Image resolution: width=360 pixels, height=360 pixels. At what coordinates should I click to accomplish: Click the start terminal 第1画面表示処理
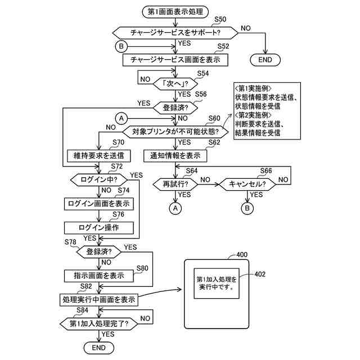pos(176,12)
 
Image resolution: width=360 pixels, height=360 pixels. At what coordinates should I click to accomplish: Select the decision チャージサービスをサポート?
pos(176,33)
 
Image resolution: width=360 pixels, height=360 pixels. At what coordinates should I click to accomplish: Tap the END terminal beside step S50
pos(264,60)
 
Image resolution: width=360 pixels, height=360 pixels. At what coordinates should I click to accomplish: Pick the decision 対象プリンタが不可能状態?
pos(175,132)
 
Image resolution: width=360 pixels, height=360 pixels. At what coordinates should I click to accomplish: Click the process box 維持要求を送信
pos(99,155)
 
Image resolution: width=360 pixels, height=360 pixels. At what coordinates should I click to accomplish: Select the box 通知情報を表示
pos(175,155)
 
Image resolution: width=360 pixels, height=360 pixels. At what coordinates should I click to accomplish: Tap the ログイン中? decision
pos(99,180)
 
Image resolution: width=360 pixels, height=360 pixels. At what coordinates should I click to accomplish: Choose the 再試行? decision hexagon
pos(175,184)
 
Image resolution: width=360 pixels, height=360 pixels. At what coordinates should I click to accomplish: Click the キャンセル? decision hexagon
pos(248,184)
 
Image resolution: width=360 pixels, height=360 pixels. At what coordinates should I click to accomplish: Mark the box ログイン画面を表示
pos(99,203)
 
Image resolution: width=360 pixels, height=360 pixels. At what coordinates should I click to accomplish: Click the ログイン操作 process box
pos(99,227)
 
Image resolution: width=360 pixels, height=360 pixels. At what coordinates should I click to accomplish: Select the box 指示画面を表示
pos(99,276)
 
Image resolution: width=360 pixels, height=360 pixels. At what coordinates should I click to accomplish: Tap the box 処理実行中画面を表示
pos(99,300)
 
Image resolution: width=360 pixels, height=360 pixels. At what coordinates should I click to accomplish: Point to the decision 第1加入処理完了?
pos(99,324)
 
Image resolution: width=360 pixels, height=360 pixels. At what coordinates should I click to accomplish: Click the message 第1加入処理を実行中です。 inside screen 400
pos(217,283)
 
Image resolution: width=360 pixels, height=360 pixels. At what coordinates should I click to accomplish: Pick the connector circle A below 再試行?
pos(175,208)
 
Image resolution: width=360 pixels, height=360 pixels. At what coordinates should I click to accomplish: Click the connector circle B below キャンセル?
pos(248,208)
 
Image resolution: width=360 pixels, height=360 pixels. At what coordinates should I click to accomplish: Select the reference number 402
pos(260,274)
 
